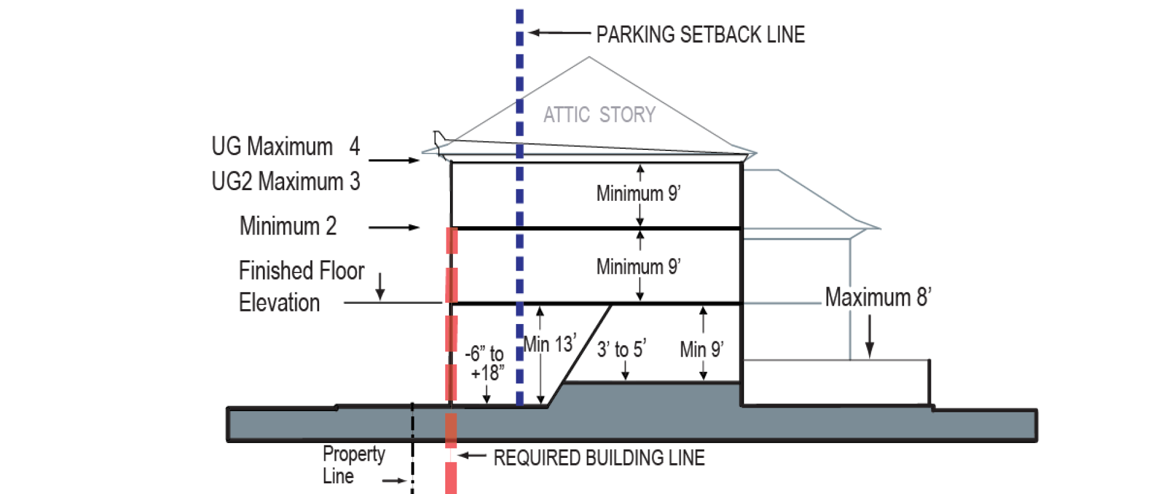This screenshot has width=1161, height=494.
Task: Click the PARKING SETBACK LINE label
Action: (700, 35)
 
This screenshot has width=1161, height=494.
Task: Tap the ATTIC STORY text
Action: (599, 114)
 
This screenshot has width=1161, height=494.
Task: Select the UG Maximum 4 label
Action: (285, 146)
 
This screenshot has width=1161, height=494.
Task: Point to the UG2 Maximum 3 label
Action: (285, 181)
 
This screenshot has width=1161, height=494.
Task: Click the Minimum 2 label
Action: (288, 226)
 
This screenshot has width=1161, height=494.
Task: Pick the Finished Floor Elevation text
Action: (301, 287)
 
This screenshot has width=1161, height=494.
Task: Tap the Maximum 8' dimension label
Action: (877, 297)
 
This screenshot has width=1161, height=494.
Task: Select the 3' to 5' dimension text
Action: (621, 349)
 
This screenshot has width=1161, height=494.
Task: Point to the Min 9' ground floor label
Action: (702, 349)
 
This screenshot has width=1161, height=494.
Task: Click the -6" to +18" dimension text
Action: (485, 363)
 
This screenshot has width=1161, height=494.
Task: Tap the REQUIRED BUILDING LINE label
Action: (599, 458)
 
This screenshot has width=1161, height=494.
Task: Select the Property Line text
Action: (353, 464)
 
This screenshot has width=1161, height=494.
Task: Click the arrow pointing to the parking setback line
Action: (559, 33)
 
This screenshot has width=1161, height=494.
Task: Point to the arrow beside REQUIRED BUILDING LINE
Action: (472, 455)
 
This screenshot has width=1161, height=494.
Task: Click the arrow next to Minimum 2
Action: (394, 227)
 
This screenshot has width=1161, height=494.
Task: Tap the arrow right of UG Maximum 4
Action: (394, 160)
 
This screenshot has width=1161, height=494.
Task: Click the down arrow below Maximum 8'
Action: (870, 336)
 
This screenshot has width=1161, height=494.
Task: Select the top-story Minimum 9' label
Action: (638, 194)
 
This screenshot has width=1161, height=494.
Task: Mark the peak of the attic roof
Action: (589, 57)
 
